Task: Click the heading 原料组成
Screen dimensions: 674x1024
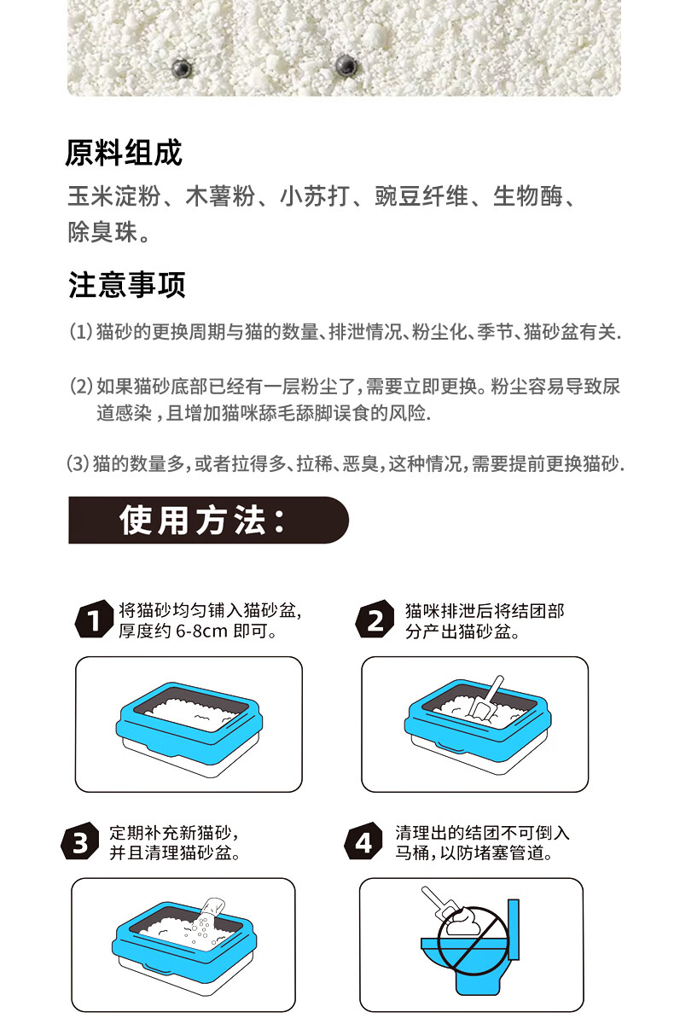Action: tap(124, 153)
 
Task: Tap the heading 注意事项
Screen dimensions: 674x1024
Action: tap(127, 284)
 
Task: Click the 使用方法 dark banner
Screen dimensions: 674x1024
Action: tap(208, 521)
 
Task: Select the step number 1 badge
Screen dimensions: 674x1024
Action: tap(94, 620)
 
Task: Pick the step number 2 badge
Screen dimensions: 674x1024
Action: tap(375, 620)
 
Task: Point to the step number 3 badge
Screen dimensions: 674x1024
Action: tap(80, 842)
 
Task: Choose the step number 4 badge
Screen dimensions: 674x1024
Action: tap(363, 842)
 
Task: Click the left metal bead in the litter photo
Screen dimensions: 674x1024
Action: tap(182, 68)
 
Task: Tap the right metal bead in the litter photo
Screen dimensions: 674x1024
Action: tap(346, 66)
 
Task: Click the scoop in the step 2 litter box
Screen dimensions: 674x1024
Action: tap(486, 700)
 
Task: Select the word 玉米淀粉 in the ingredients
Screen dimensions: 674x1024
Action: tap(114, 196)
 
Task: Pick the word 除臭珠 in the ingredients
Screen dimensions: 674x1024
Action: tap(102, 232)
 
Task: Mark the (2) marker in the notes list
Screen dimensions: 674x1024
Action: tap(81, 387)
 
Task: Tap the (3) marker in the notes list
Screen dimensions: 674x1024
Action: tap(78, 464)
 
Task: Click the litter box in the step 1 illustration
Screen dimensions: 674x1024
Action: tap(189, 729)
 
